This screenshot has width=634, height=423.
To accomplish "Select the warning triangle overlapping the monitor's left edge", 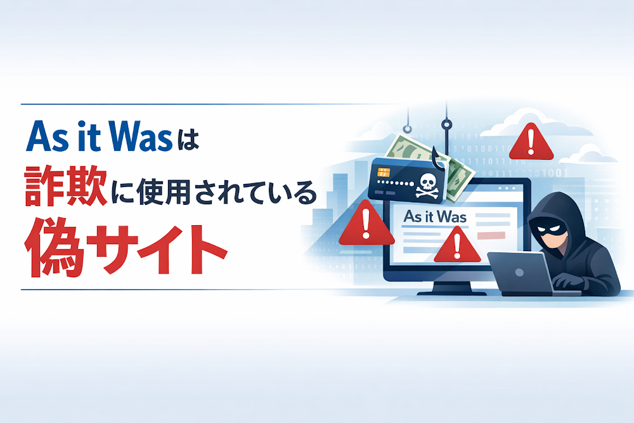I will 363,223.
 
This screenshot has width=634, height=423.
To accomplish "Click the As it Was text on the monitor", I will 435,217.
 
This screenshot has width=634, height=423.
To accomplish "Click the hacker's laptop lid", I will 519,273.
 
